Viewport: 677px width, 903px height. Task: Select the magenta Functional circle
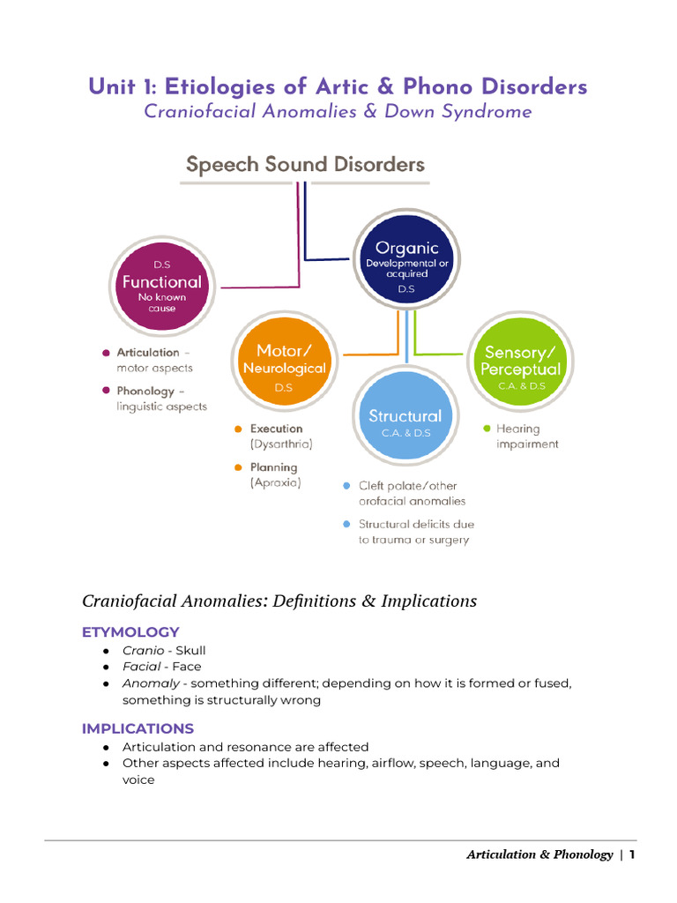[161, 282]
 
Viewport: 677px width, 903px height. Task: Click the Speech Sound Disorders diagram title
[304, 164]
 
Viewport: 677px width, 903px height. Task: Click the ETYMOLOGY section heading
[130, 631]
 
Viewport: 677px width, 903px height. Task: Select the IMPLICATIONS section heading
[138, 728]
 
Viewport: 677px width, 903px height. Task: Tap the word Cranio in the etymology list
[143, 650]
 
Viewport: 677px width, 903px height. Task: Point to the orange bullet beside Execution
[238, 429]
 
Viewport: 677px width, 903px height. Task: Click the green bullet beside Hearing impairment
[487, 429]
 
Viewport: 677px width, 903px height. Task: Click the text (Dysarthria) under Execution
[281, 444]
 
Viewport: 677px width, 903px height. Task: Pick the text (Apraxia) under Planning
[275, 483]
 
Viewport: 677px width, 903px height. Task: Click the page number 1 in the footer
[632, 854]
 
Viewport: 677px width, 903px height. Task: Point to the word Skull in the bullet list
[191, 650]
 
